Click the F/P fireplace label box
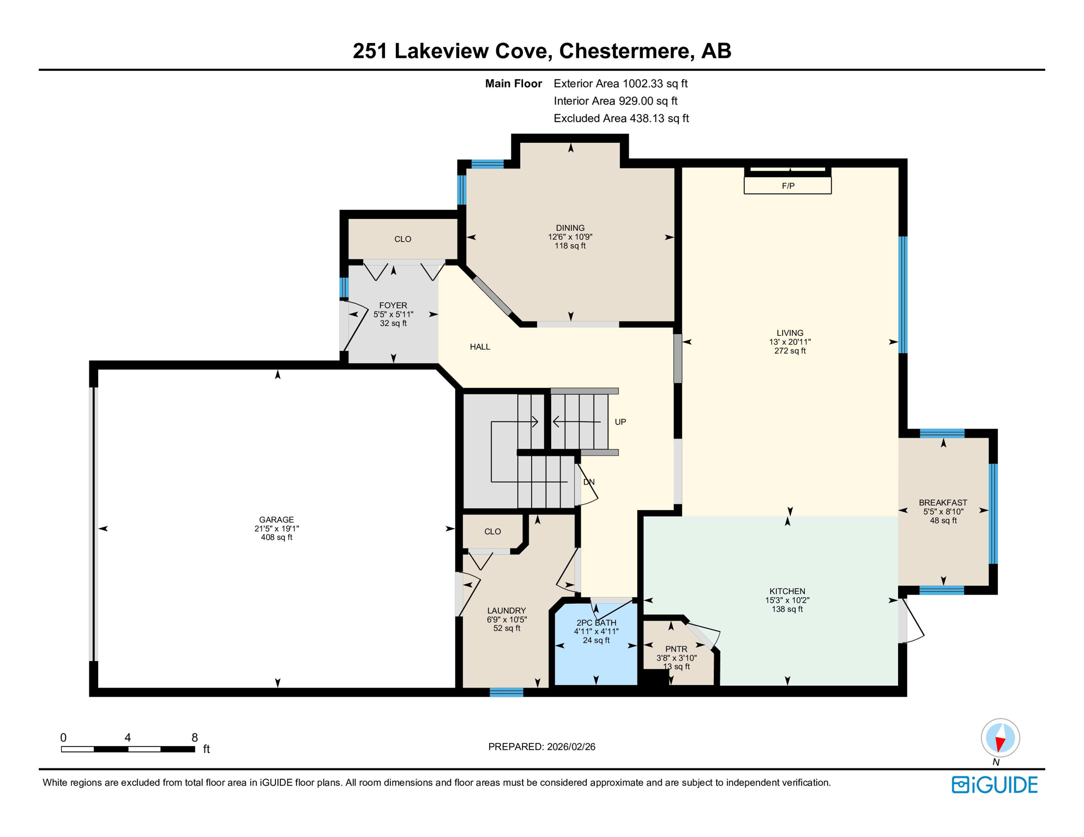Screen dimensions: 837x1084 (787, 186)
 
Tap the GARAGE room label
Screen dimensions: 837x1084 (276, 519)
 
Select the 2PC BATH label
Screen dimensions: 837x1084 (596, 623)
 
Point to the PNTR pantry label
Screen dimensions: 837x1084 (676, 649)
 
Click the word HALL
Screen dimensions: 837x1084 (480, 347)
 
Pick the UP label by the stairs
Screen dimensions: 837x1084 (620, 422)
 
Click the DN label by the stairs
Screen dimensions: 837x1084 (589, 482)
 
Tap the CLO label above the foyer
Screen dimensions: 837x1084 (402, 239)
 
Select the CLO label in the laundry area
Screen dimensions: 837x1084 (492, 531)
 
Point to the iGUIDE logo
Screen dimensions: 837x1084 (995, 785)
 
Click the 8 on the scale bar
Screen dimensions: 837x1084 (195, 738)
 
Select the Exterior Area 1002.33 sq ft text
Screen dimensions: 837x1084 (620, 83)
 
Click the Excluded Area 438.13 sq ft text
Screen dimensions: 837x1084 (621, 118)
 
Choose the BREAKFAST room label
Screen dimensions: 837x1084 (943, 502)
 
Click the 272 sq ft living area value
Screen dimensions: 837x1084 (790, 351)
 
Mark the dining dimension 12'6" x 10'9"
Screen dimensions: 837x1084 (570, 237)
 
